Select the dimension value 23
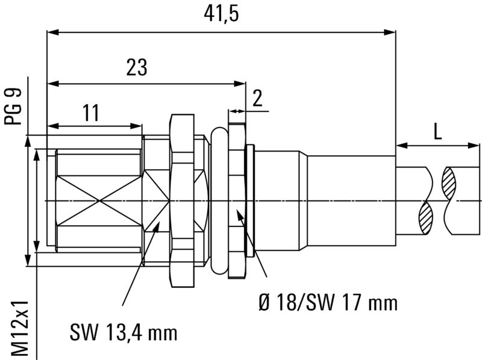tap(137, 67)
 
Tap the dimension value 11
tap(90, 112)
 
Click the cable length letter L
tap(437, 132)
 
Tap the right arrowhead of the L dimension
tap(477, 144)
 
